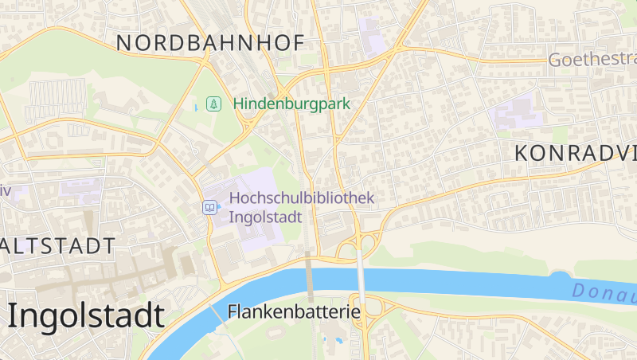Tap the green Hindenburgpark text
pos(291,104)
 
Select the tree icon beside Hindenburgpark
pos(213,104)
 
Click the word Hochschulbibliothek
pos(301,198)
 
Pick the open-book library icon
pos(209,207)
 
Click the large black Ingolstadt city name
pos(86,315)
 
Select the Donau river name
pos(604,293)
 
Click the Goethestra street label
pos(592,60)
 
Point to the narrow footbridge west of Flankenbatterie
pos(216,312)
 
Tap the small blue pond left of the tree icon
pos(196,107)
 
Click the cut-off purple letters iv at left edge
pos(4,191)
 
